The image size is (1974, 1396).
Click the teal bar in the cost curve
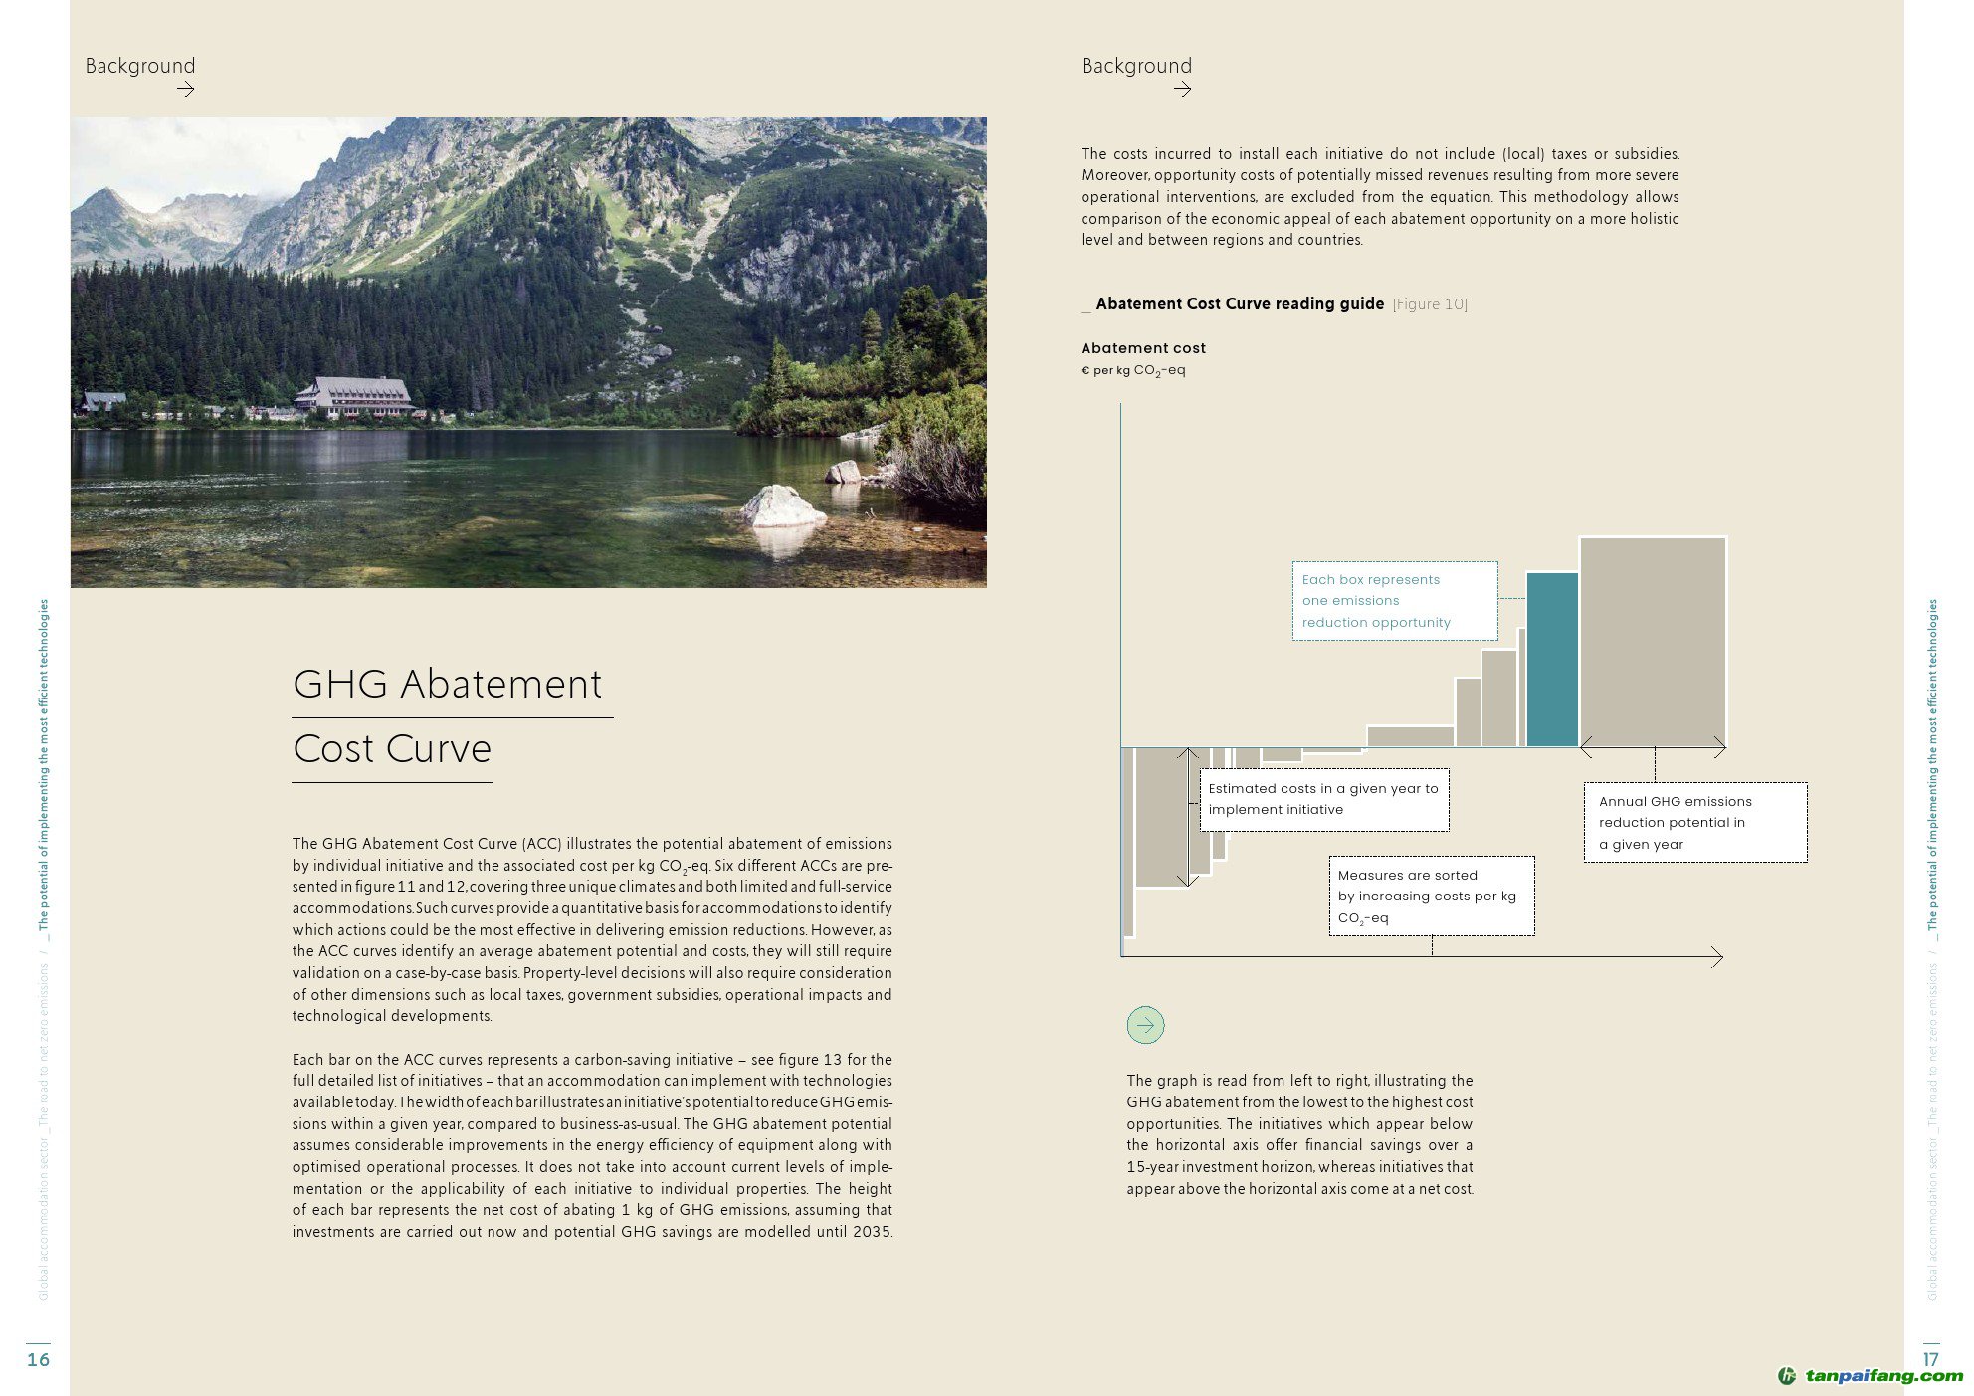click(x=1552, y=660)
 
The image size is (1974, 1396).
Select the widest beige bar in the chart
click(x=1653, y=642)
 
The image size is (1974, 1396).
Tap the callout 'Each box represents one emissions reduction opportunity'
click(x=1394, y=601)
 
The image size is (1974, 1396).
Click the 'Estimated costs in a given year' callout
click(x=1323, y=799)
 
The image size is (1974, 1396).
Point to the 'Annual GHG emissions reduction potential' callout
click(x=1694, y=822)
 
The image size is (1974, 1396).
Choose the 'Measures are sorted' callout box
click(x=1431, y=896)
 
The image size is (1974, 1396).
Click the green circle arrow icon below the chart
click(x=1145, y=1025)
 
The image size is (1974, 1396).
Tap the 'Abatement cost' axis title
click(x=1143, y=348)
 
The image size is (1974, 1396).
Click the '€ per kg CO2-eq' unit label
click(x=1133, y=370)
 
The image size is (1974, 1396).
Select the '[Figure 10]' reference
click(x=1430, y=304)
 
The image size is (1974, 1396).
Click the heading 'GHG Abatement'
click(x=447, y=685)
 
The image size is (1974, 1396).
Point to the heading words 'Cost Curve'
click(x=392, y=749)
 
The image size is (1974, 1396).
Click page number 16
click(x=38, y=1359)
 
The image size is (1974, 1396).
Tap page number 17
click(x=1930, y=1359)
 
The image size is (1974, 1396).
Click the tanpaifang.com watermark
click(x=1871, y=1376)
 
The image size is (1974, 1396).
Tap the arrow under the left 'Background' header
click(x=185, y=90)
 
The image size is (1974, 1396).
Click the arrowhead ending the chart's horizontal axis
click(x=1717, y=957)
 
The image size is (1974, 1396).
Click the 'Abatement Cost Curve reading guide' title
click(x=1240, y=304)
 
